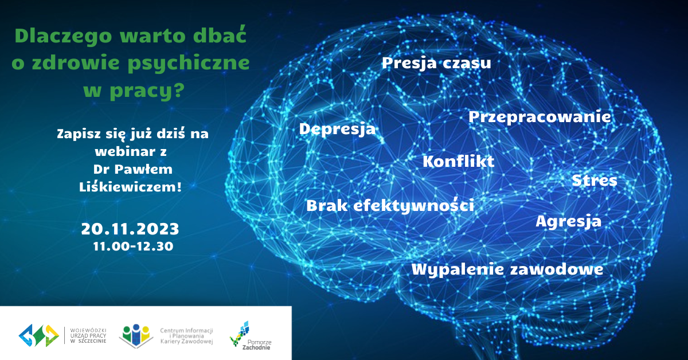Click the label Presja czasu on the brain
point(436,63)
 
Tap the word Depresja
point(337,129)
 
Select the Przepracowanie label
point(540,117)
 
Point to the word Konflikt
point(458,162)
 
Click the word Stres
point(595,181)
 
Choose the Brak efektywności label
point(390,205)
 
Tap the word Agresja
point(569,221)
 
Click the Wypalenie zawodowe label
point(507,269)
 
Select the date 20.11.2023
point(130,229)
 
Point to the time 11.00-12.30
point(133,246)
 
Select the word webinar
point(126,151)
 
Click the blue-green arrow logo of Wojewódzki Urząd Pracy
point(39,335)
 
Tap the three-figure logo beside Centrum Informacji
point(136,336)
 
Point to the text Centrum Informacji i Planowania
point(186,333)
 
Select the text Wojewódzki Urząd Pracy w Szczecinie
point(88,335)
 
